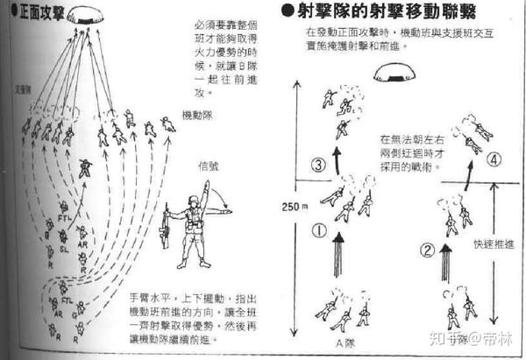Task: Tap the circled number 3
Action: click(318, 164)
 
